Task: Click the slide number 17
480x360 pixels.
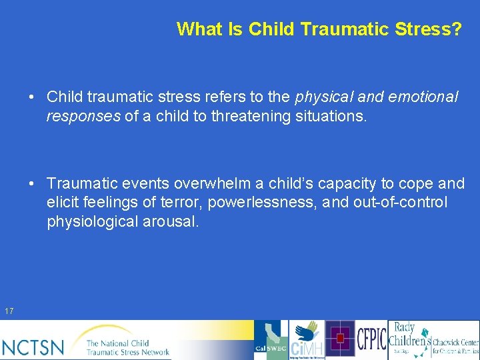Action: tap(9, 311)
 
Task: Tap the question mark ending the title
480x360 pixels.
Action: tap(456, 29)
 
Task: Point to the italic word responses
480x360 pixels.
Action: tap(83, 116)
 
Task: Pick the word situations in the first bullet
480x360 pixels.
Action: tap(331, 116)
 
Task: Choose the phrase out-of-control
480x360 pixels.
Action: tap(397, 203)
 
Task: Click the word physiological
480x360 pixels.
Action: tap(93, 221)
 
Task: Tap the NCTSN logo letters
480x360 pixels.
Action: tap(33, 347)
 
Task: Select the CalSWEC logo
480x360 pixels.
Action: tap(271, 340)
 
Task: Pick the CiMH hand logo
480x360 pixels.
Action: tap(307, 340)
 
